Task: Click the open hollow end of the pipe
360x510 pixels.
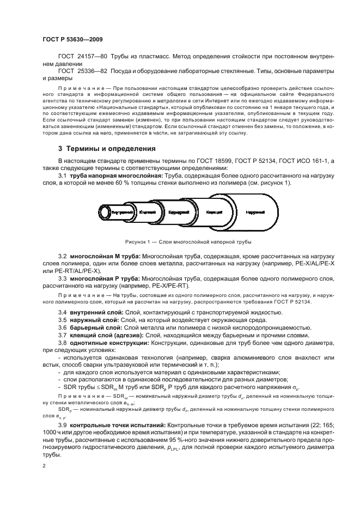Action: (x=104, y=211)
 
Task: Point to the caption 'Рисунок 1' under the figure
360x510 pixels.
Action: (x=188, y=242)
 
